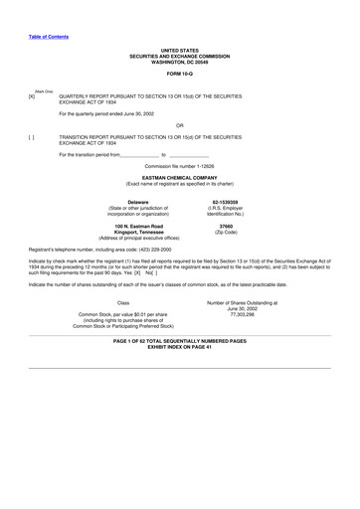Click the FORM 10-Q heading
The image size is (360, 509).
click(180, 73)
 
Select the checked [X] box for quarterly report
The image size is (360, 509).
click(32, 95)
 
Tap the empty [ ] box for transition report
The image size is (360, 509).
click(32, 137)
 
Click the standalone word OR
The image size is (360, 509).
click(180, 124)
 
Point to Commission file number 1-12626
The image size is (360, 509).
click(180, 166)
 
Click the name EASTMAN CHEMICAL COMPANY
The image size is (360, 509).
click(180, 177)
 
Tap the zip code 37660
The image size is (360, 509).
click(225, 227)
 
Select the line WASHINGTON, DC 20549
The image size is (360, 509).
click(180, 61)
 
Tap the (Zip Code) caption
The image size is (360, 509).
click(225, 233)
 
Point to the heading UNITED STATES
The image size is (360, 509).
click(180, 49)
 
